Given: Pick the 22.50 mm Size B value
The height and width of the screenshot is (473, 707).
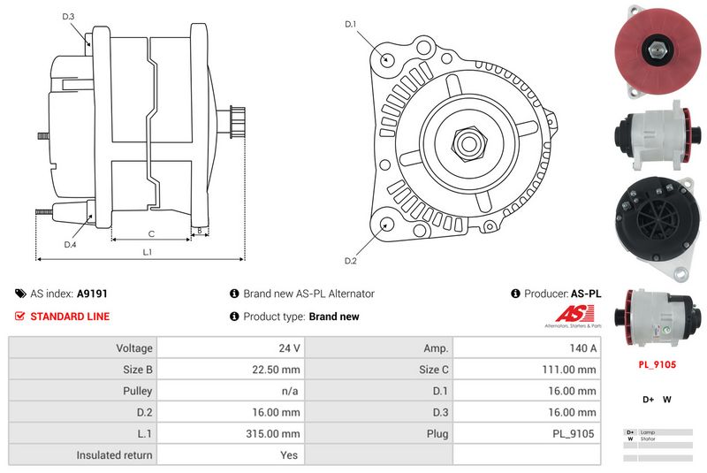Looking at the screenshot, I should click(x=277, y=370).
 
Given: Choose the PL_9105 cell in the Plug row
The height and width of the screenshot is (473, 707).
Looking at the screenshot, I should click(x=575, y=434).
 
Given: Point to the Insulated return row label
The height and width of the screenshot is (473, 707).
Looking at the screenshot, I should click(x=114, y=455).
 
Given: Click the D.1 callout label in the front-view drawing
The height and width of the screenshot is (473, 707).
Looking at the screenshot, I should click(x=350, y=24).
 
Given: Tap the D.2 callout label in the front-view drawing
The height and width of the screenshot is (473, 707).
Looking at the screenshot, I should click(x=350, y=261).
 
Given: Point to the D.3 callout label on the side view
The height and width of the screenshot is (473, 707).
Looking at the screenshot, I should click(x=69, y=17).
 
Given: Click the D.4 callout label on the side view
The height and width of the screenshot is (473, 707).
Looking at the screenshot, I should click(x=70, y=244).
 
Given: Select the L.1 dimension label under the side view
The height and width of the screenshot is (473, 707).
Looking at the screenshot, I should click(x=147, y=252).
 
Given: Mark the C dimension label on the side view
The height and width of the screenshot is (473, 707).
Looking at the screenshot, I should click(x=151, y=233).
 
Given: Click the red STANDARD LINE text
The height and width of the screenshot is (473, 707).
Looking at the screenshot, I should click(x=70, y=317).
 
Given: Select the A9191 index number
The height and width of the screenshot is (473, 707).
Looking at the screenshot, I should click(x=92, y=294).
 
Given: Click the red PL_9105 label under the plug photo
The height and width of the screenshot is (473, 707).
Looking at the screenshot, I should click(x=657, y=362).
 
